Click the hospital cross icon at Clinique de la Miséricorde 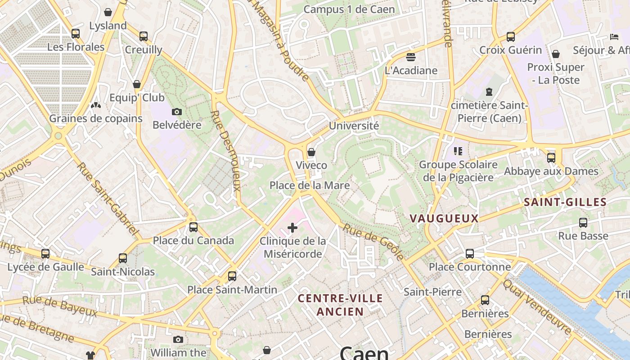pyautogui.click(x=292, y=228)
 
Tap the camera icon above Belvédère pyautogui.click(x=177, y=112)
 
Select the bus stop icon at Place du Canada pyautogui.click(x=193, y=227)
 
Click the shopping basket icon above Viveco pyautogui.click(x=311, y=152)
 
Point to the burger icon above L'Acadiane pyautogui.click(x=410, y=57)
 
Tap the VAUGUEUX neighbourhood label pyautogui.click(x=444, y=219)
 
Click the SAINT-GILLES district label pyautogui.click(x=565, y=202)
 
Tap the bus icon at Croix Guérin pyautogui.click(x=510, y=37)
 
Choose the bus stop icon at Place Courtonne pyautogui.click(x=470, y=254)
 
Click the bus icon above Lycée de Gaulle pyautogui.click(x=45, y=254)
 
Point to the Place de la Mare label pyautogui.click(x=309, y=185)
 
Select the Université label pyautogui.click(x=354, y=126)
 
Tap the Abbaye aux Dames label pyautogui.click(x=551, y=171)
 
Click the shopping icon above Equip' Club pyautogui.click(x=137, y=84)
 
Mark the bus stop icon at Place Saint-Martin pyautogui.click(x=232, y=276)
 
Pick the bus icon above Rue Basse pyautogui.click(x=583, y=223)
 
